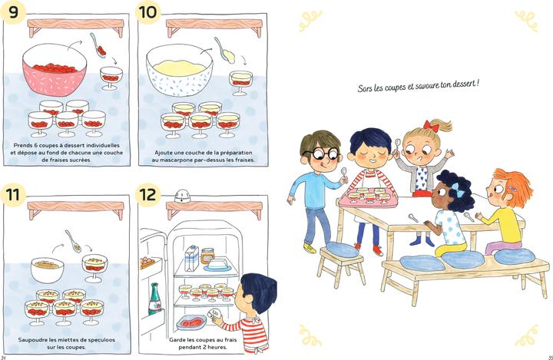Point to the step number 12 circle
click(x=149, y=195)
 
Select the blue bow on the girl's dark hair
click(x=447, y=184)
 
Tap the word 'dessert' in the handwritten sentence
click(x=461, y=84)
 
